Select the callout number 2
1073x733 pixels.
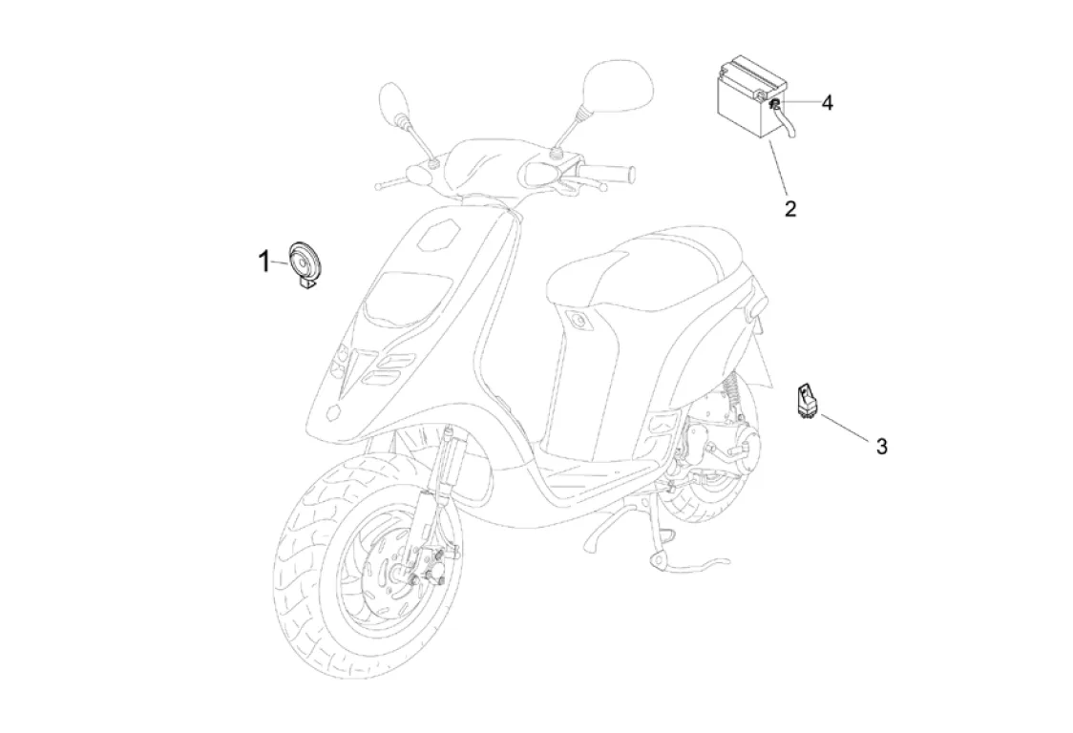[790, 207]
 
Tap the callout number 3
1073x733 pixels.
[881, 445]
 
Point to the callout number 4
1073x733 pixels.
[827, 103]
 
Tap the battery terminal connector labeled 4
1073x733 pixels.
[776, 103]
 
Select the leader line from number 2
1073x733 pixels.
[778, 167]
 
